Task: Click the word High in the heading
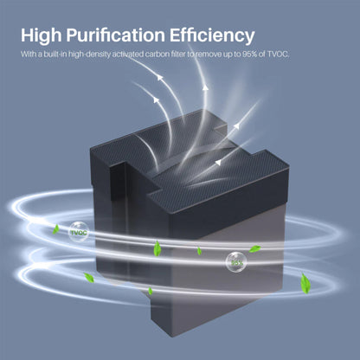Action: [42, 35]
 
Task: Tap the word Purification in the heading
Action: [115, 35]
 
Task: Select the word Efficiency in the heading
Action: [212, 35]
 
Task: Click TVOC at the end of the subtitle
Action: [278, 54]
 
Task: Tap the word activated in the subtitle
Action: [127, 54]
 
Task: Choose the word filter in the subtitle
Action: [177, 54]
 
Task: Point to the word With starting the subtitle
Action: [29, 54]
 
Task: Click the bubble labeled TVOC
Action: [79, 232]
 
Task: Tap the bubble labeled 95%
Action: [236, 262]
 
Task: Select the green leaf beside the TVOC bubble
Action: [56, 229]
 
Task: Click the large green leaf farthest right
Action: [305, 284]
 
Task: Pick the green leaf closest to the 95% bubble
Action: [254, 248]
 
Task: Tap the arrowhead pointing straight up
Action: [205, 87]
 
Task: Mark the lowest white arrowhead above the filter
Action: [219, 163]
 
